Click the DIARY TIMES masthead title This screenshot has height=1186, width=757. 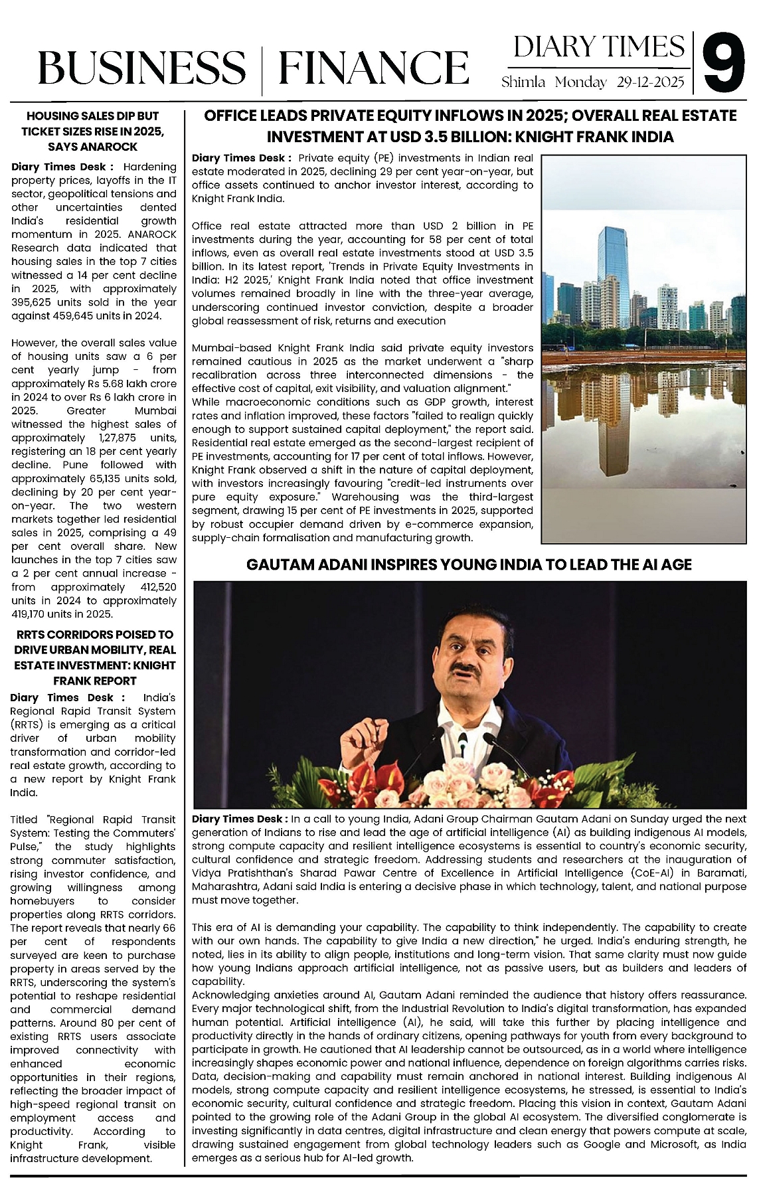[x=599, y=47]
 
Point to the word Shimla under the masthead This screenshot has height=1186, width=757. [x=523, y=82]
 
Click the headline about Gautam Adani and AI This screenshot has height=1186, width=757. [x=469, y=564]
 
